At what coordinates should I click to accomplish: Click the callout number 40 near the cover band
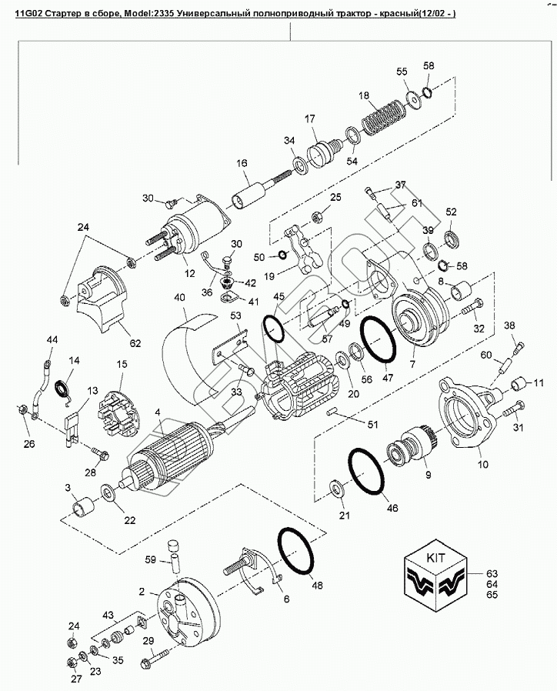[x=179, y=297]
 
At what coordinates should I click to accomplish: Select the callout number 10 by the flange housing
[x=483, y=465]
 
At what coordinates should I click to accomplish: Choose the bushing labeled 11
[x=519, y=383]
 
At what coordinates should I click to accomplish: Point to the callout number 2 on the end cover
[x=142, y=591]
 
